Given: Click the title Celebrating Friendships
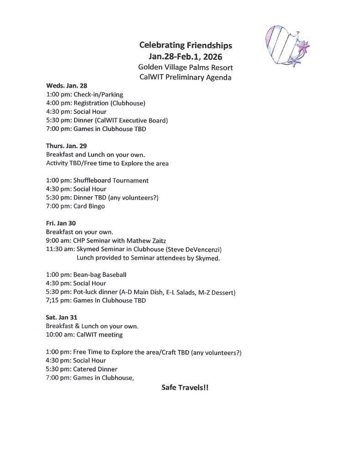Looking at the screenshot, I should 185,46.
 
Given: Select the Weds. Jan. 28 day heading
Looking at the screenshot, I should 67,85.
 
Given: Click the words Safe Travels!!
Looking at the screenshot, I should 185,387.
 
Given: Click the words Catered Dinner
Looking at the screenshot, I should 95,369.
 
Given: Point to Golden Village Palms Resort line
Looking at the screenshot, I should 185,67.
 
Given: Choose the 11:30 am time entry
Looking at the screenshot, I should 60,249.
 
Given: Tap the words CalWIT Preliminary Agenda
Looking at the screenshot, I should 185,78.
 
